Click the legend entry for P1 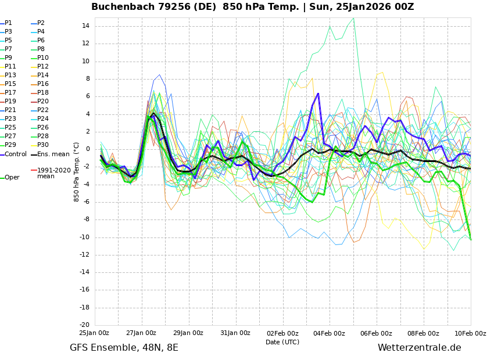coord(8,23)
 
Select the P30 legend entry coord(42,145)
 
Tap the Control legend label coord(15,154)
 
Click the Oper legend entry coord(12,178)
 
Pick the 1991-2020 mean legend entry coord(53,173)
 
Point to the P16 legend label coord(42,84)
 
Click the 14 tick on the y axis coord(85,26)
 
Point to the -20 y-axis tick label coord(83,325)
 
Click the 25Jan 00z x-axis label coord(94,333)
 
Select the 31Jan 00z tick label coord(235,333)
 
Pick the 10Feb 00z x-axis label coord(470,333)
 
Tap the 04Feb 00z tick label coord(330,333)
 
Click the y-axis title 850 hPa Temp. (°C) coord(77,171)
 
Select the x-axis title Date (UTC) coord(282,342)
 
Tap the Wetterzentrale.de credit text coord(419,348)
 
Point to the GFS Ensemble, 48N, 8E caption coord(124,348)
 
